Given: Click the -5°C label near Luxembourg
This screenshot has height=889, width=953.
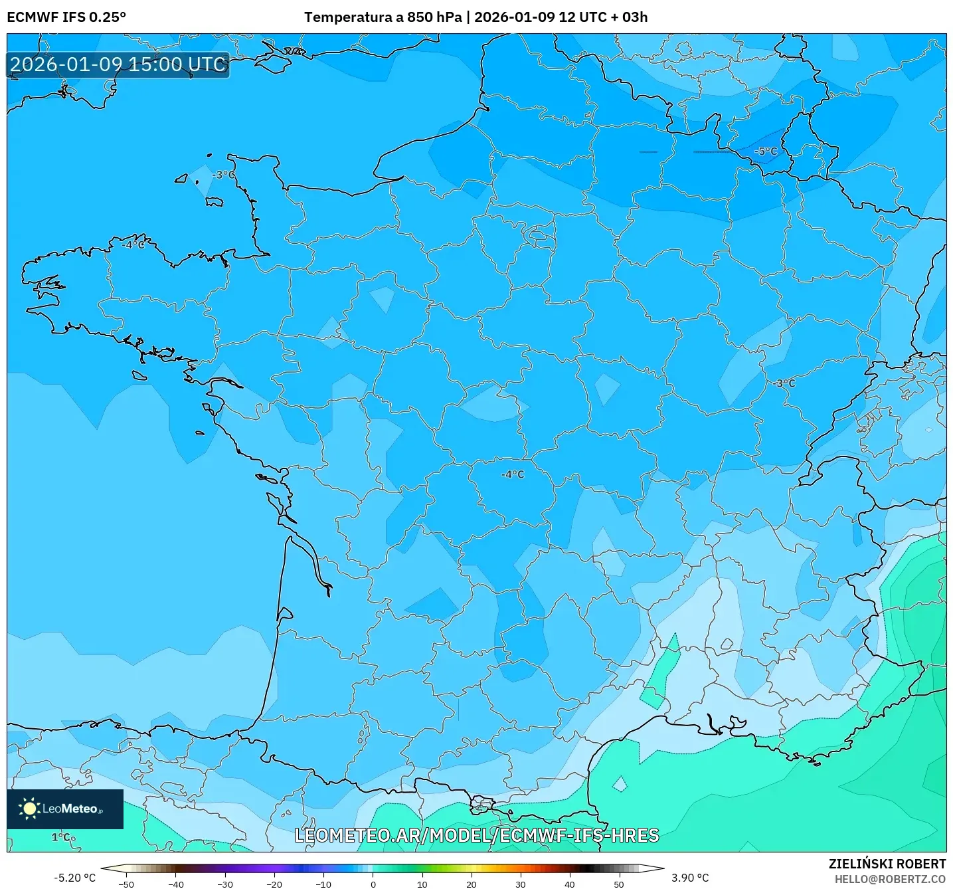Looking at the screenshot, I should (x=765, y=151).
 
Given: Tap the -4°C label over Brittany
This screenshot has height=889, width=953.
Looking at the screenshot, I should (x=133, y=245).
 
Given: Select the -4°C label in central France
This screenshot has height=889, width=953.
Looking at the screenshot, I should (x=513, y=474).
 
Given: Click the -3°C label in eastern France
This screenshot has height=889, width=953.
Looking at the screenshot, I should (x=784, y=383).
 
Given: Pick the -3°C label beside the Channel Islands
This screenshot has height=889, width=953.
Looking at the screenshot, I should (x=224, y=175).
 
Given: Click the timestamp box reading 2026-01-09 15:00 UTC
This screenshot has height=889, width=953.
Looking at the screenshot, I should (x=118, y=65).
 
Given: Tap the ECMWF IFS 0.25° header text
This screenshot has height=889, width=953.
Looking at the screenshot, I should (x=66, y=17).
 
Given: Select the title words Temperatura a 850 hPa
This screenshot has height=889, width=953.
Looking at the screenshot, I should (x=383, y=17).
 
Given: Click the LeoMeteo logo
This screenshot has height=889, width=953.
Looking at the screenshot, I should (x=65, y=809).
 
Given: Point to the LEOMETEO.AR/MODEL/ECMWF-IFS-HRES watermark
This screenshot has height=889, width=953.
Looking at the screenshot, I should (x=476, y=835).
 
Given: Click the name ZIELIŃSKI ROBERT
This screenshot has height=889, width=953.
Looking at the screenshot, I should (x=887, y=864).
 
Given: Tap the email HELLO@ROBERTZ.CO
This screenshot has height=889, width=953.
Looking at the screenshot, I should (x=890, y=879).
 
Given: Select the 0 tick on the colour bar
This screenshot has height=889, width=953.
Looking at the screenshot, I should (x=373, y=884).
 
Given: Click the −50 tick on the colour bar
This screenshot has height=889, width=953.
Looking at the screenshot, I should (x=126, y=884).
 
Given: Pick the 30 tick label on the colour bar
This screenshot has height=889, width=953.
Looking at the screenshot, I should (x=520, y=884).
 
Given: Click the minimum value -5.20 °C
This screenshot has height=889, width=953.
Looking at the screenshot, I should (x=74, y=878).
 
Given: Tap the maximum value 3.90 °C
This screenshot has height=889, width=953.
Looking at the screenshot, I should (x=690, y=878).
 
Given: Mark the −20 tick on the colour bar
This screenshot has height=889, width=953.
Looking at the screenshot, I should (x=274, y=884).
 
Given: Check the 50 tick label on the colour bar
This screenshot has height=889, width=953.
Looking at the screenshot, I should (x=618, y=884).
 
